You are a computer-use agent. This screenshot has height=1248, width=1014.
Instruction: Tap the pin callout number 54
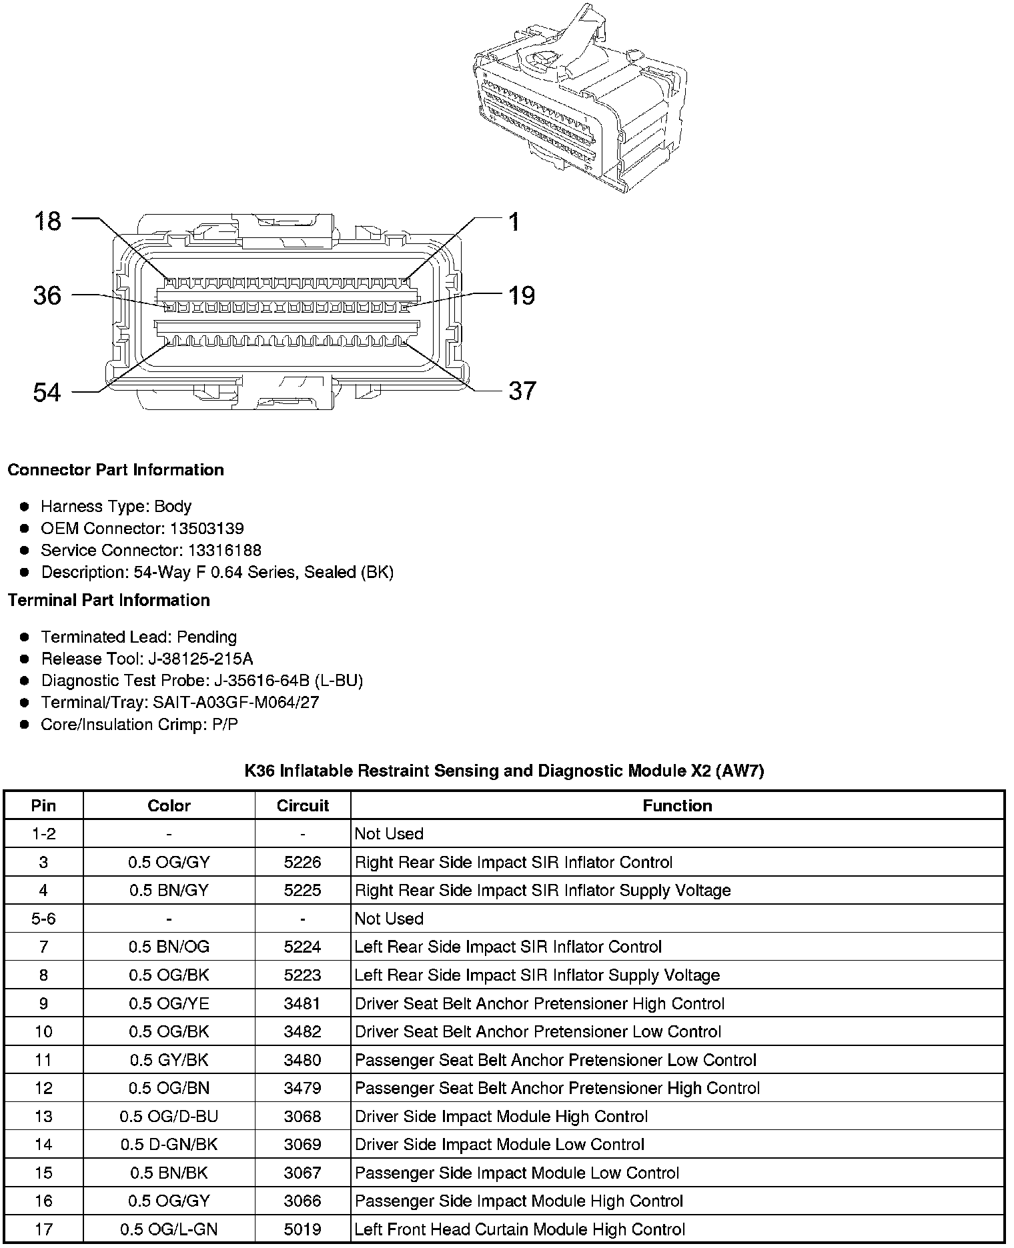47,392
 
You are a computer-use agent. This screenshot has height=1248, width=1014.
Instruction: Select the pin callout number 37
522,391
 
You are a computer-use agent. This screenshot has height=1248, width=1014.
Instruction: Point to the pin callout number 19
522,295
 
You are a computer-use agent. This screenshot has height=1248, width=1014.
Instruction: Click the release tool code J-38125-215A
200,659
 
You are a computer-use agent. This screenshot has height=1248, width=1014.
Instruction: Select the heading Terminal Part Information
109,600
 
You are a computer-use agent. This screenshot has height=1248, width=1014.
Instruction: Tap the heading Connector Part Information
115,470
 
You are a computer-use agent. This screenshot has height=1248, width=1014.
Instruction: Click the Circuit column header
303,805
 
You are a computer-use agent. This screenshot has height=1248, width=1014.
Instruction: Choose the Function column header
677,805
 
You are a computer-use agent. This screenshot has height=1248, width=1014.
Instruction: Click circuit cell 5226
303,862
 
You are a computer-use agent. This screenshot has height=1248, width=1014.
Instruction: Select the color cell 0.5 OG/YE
169,1003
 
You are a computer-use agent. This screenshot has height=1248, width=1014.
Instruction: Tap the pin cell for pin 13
43,1116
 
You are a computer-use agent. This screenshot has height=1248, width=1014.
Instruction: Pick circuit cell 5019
303,1229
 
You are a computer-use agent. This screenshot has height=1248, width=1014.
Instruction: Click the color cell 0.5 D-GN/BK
169,1145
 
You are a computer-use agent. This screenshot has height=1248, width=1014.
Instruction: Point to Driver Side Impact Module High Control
501,1116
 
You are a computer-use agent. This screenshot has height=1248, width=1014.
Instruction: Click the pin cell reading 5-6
43,919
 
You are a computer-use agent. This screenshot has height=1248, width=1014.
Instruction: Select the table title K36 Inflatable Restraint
504,771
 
